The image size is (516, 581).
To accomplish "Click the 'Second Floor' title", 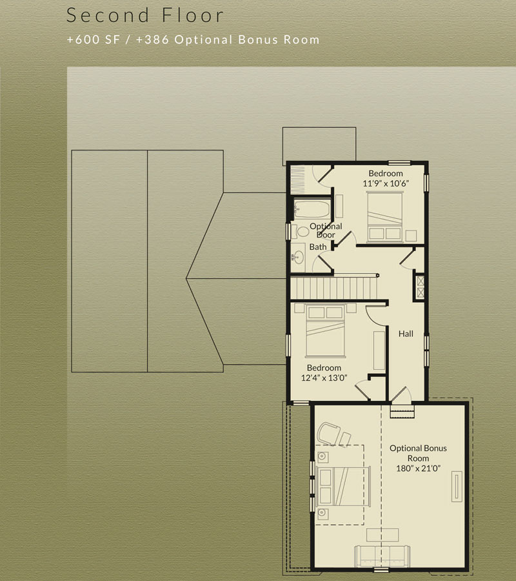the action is click(x=144, y=15).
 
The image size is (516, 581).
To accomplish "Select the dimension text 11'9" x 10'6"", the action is click(x=386, y=183).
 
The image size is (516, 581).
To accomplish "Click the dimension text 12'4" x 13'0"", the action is click(x=324, y=378).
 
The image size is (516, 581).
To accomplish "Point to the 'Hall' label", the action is click(x=406, y=334).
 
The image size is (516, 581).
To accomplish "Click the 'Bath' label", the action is click(x=318, y=247).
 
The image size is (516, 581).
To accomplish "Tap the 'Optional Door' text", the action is click(x=326, y=230).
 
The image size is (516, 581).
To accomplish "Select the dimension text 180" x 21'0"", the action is click(x=418, y=469).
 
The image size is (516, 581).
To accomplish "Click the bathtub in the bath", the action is click(x=312, y=209).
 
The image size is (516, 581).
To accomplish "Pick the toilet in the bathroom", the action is click(x=301, y=232).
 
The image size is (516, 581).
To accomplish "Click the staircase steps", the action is click(x=334, y=289).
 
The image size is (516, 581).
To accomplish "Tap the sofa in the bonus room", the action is click(x=382, y=556).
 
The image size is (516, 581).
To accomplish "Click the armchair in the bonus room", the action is click(x=333, y=434).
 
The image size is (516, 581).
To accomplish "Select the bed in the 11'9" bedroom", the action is click(x=384, y=216).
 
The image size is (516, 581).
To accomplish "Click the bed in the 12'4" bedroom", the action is click(x=325, y=331).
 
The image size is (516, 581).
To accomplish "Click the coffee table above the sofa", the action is click(x=382, y=535).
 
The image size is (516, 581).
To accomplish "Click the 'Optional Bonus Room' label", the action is click(x=418, y=453).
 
